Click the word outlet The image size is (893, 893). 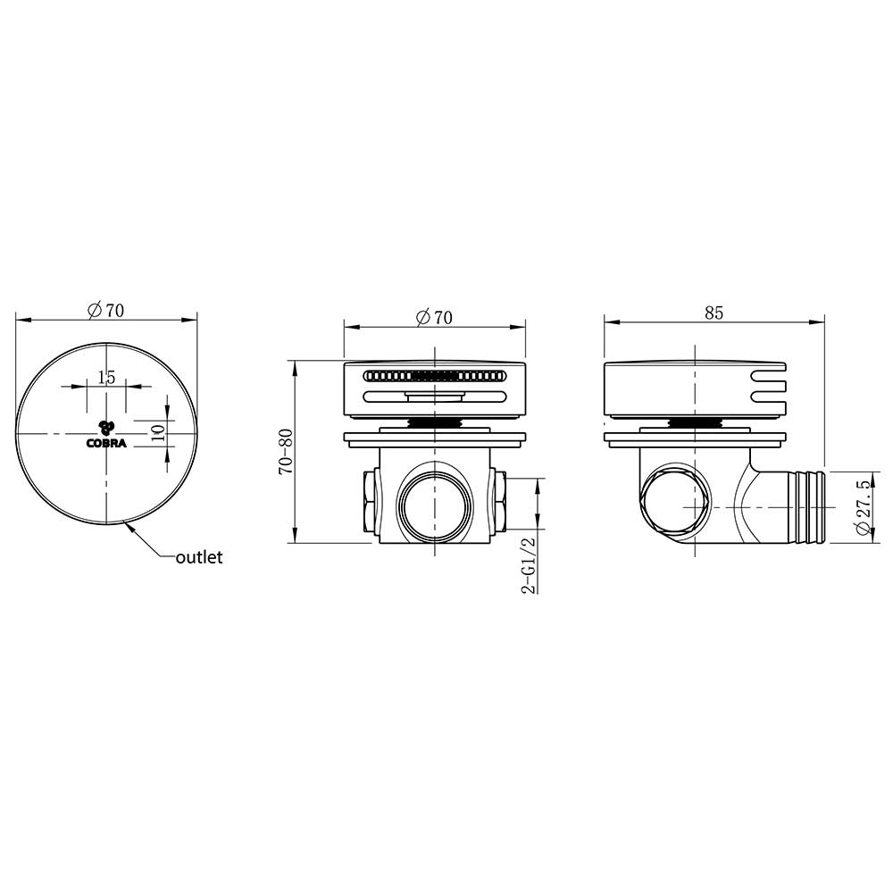(x=199, y=557)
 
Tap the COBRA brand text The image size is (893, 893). (x=106, y=444)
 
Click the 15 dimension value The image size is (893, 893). (x=106, y=377)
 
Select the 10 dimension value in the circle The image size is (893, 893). (x=159, y=433)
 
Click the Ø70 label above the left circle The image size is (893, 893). (x=105, y=311)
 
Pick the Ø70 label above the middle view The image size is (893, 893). (x=435, y=317)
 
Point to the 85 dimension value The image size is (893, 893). (x=714, y=313)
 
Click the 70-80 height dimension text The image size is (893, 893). (x=286, y=452)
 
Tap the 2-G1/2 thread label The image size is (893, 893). (x=529, y=565)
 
